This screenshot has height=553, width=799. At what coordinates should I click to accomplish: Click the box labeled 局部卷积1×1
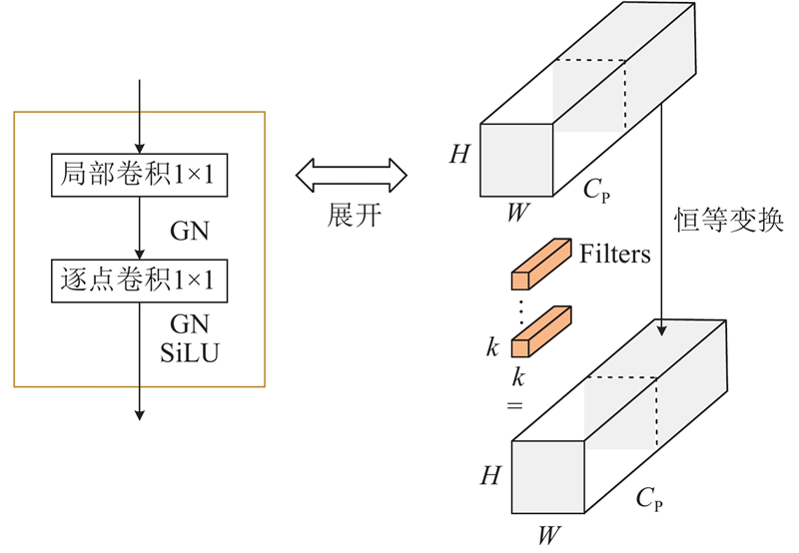coord(139,177)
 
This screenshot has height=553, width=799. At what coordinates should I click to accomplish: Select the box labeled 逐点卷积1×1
coord(139,282)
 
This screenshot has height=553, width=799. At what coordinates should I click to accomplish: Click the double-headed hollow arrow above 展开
coord(352,176)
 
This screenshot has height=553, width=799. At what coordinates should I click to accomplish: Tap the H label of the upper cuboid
coord(458,155)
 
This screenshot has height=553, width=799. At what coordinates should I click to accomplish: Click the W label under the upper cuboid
coord(516,214)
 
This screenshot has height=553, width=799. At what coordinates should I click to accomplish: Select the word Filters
coord(615,255)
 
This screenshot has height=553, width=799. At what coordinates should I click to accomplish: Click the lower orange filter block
coord(539,331)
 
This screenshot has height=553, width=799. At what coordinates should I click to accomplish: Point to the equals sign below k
coord(518,405)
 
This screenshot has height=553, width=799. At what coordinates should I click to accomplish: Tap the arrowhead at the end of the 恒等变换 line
coord(662,326)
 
